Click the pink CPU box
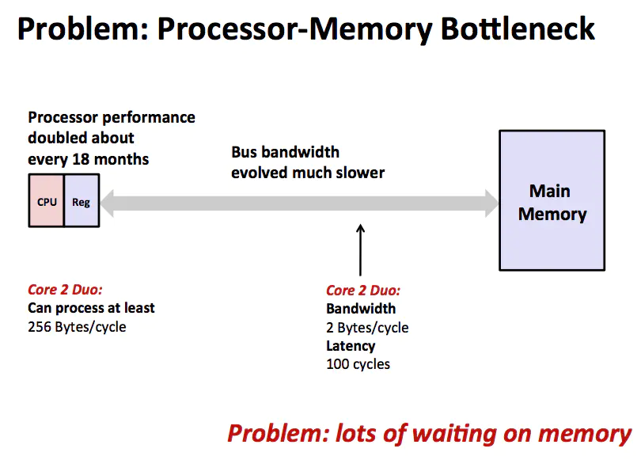click(47, 202)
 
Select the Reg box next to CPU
click(81, 202)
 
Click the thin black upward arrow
click(361, 249)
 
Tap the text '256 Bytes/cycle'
click(77, 326)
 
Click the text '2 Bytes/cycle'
click(367, 327)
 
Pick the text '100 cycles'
click(358, 364)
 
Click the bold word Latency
click(351, 346)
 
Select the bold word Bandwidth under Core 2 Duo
click(361, 309)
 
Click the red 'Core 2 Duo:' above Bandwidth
click(363, 290)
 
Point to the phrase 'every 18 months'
click(88, 159)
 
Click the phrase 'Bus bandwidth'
click(285, 152)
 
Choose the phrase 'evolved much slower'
click(308, 172)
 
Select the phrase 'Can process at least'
click(91, 308)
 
